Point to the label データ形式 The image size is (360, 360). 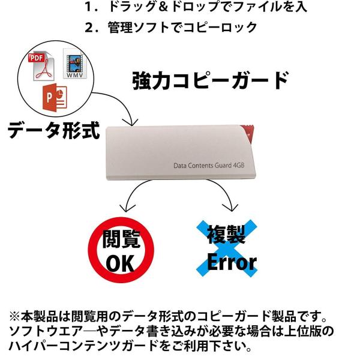[54, 130]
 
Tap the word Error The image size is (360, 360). [232, 262]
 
